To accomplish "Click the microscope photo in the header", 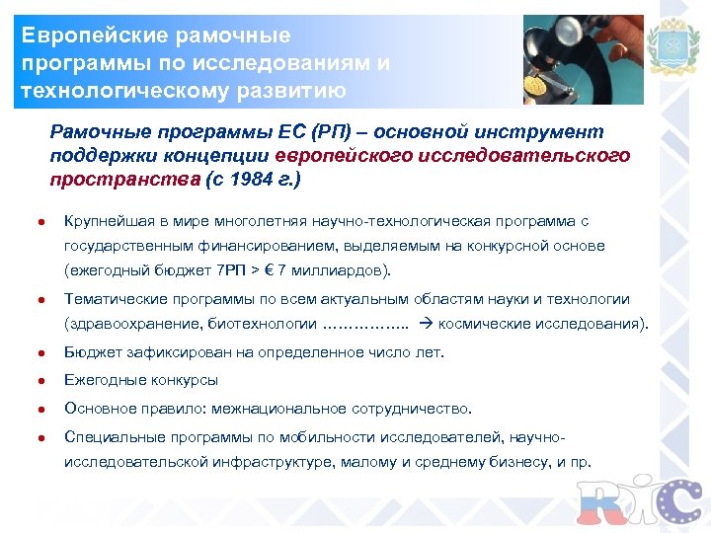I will pyautogui.click(x=583, y=59).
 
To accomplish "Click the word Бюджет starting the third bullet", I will pyautogui.click(x=91, y=352).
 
